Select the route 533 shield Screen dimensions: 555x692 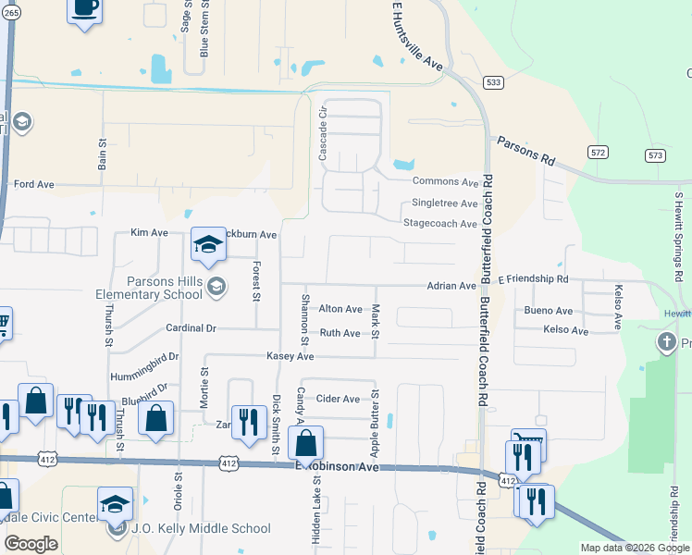click(494, 83)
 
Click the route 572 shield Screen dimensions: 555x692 click(599, 151)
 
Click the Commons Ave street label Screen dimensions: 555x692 click(445, 182)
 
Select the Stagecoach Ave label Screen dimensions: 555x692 click(439, 224)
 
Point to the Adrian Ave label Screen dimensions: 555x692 click(451, 287)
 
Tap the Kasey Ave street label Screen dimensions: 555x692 click(290, 356)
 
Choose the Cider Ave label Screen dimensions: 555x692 click(338, 399)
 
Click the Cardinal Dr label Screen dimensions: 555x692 click(191, 328)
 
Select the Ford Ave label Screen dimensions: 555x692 click(34, 185)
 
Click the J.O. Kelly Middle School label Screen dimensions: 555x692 click(199, 529)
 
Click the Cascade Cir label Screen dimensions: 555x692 click(323, 134)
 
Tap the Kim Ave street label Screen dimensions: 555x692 click(149, 232)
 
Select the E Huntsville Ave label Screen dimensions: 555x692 click(418, 37)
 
